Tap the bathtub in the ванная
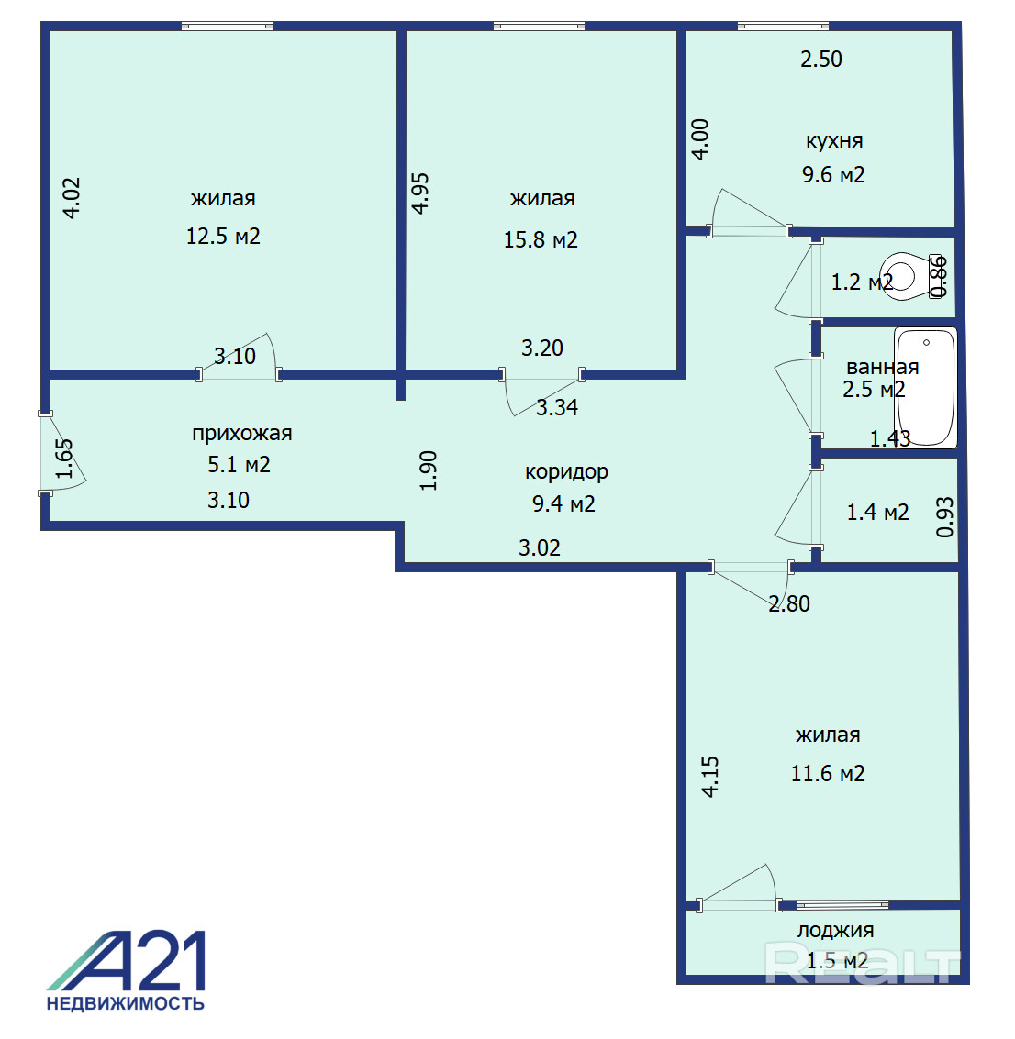click(926, 388)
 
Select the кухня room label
click(834, 140)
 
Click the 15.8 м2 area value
click(541, 239)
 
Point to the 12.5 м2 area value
click(223, 236)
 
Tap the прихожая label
click(242, 434)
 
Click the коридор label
click(566, 471)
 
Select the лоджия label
click(835, 930)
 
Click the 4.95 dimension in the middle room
click(420, 193)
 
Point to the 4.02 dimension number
click(71, 198)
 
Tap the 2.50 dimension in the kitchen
click(820, 59)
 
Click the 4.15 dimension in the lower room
click(709, 777)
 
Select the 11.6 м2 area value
click(828, 773)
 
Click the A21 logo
click(126, 961)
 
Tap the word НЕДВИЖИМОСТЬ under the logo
click(126, 1003)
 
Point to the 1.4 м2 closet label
click(877, 513)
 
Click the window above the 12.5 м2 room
click(228, 27)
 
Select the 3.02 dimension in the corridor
click(539, 548)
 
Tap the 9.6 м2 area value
click(833, 175)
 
